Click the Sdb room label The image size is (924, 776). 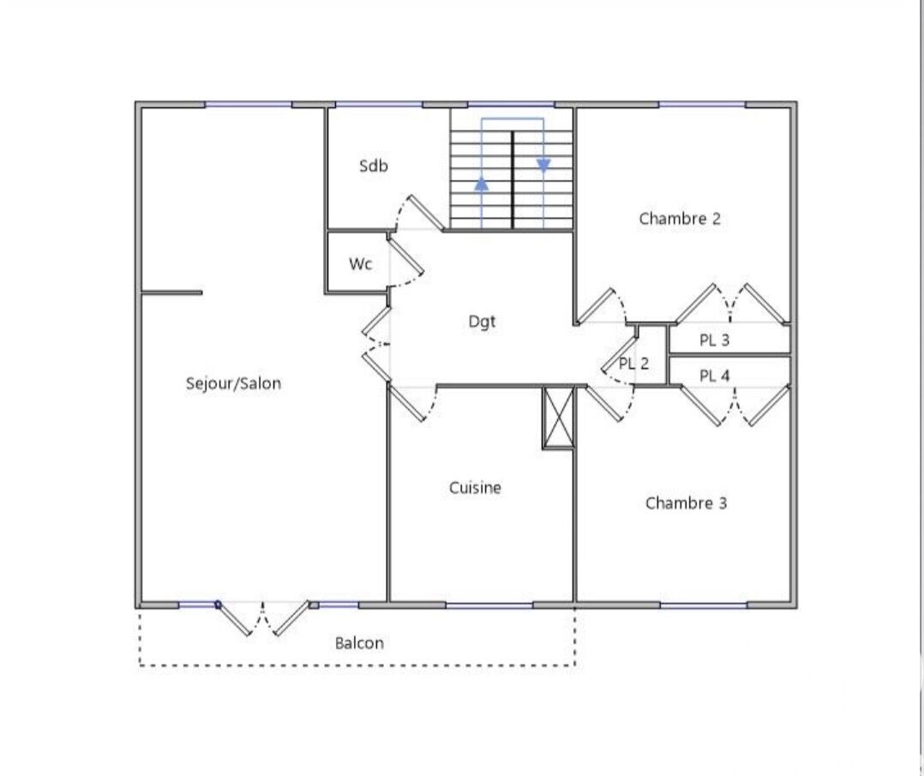[x=374, y=165]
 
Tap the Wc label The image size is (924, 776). [x=360, y=263]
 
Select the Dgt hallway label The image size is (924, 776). [x=482, y=322]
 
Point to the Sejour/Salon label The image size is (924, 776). [x=233, y=383]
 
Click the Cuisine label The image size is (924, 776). [x=475, y=488]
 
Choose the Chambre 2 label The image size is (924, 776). [x=680, y=219]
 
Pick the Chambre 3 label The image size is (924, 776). [x=686, y=503]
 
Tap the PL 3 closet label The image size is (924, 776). [x=714, y=340]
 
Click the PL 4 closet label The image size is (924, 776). [x=714, y=376]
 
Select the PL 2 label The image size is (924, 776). [x=634, y=364]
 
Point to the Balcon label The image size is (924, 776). [x=359, y=643]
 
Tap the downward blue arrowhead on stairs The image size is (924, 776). [x=543, y=165]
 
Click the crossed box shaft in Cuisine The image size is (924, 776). [x=557, y=418]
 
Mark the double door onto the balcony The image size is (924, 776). [x=263, y=618]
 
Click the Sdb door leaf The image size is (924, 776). [x=426, y=213]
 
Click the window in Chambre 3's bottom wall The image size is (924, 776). [x=704, y=605]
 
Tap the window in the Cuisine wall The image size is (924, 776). [x=489, y=605]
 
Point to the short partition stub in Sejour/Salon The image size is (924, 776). [x=171, y=292]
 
